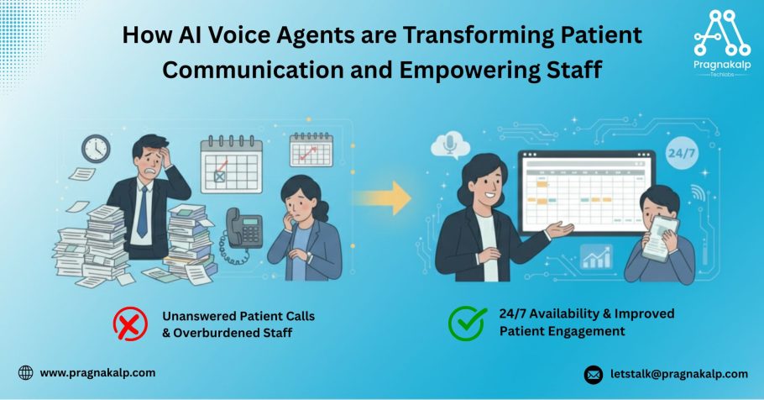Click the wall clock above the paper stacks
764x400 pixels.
pyautogui.click(x=96, y=148)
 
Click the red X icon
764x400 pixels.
pyautogui.click(x=130, y=324)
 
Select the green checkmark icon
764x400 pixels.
pyautogui.click(x=467, y=323)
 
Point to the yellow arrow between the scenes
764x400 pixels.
pyautogui.click(x=384, y=198)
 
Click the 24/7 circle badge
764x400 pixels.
pyautogui.click(x=681, y=154)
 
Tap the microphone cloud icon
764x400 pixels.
pyautogui.click(x=450, y=145)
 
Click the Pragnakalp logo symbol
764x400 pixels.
pyautogui.click(x=722, y=33)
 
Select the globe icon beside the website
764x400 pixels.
pyautogui.click(x=25, y=373)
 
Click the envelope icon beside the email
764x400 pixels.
pyautogui.click(x=593, y=375)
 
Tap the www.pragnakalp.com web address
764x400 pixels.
pyautogui.click(x=97, y=373)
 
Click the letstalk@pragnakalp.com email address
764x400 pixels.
pyautogui.click(x=678, y=374)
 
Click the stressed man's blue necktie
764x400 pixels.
pyautogui.click(x=142, y=213)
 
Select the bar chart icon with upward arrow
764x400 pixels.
pyautogui.click(x=596, y=256)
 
